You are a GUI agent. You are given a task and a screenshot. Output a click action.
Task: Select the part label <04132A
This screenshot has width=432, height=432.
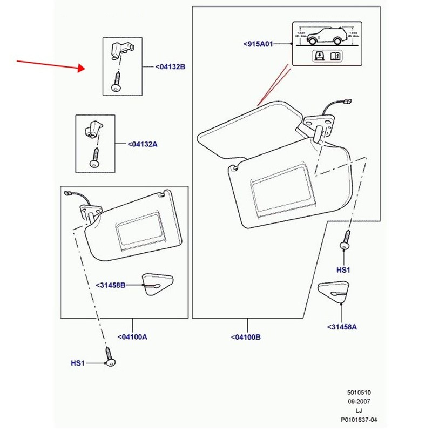pyautogui.click(x=143, y=144)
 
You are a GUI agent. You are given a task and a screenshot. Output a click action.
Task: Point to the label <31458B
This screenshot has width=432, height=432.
pyautogui.click(x=111, y=285)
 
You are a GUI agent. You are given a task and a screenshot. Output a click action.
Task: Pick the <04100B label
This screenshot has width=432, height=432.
pyautogui.click(x=246, y=337)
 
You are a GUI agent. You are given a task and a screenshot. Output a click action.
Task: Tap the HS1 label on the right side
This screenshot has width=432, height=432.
pyautogui.click(x=343, y=269)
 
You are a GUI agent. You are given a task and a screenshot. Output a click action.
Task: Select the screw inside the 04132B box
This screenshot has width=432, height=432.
pyautogui.click(x=117, y=83)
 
